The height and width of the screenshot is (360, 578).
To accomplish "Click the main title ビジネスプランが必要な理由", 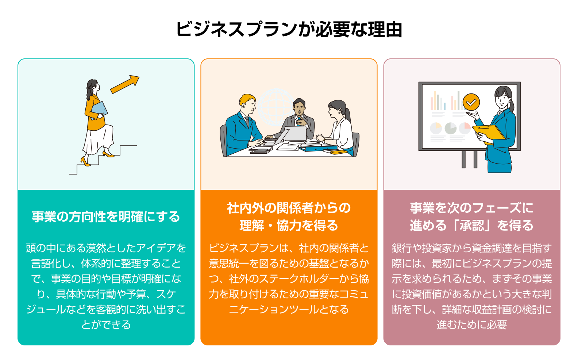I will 289,29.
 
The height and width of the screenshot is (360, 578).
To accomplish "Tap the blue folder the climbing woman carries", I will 99,109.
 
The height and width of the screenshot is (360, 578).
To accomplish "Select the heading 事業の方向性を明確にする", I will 106,217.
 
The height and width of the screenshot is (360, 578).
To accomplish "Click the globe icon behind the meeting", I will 275,106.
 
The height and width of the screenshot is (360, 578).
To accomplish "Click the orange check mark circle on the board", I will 471,102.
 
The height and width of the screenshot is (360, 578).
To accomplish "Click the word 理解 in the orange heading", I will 251,226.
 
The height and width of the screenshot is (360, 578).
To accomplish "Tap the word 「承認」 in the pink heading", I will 472,226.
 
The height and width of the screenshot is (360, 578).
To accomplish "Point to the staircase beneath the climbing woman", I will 102,161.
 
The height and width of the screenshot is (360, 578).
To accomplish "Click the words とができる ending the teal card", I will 106,325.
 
